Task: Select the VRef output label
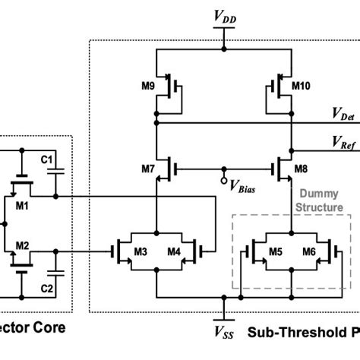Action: click(343, 141)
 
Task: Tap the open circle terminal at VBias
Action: click(224, 179)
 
